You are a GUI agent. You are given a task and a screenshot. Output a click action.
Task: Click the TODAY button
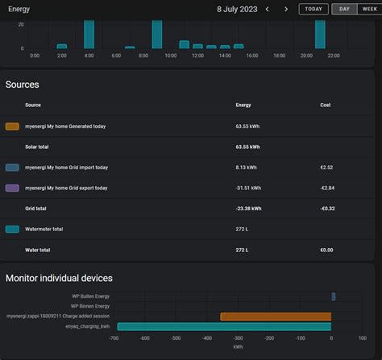[x=313, y=9]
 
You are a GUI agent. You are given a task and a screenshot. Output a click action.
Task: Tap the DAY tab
[x=344, y=9]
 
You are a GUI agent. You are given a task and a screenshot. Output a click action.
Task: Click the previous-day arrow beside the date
[x=267, y=9]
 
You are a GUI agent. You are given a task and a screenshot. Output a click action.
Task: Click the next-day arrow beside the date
[x=285, y=9]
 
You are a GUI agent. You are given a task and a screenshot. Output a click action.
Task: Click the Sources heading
[x=23, y=85]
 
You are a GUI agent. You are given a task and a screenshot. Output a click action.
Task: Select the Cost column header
[x=326, y=105]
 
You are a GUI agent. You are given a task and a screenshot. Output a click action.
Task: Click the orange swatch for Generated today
[x=12, y=126]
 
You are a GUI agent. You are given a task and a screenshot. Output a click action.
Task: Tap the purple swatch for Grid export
[x=12, y=188]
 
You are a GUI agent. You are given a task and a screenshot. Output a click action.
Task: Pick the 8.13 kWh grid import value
[x=247, y=168]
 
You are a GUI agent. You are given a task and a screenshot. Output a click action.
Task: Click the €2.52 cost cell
[x=326, y=168]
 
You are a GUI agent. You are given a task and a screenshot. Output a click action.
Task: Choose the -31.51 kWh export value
[x=248, y=188]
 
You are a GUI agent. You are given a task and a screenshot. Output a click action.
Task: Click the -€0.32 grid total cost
[x=328, y=209]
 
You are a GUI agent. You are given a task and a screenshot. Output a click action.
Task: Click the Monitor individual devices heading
[x=59, y=278]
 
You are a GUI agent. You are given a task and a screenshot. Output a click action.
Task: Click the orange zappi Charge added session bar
[x=276, y=317]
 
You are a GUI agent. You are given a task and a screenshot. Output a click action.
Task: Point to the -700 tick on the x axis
[x=113, y=339]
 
